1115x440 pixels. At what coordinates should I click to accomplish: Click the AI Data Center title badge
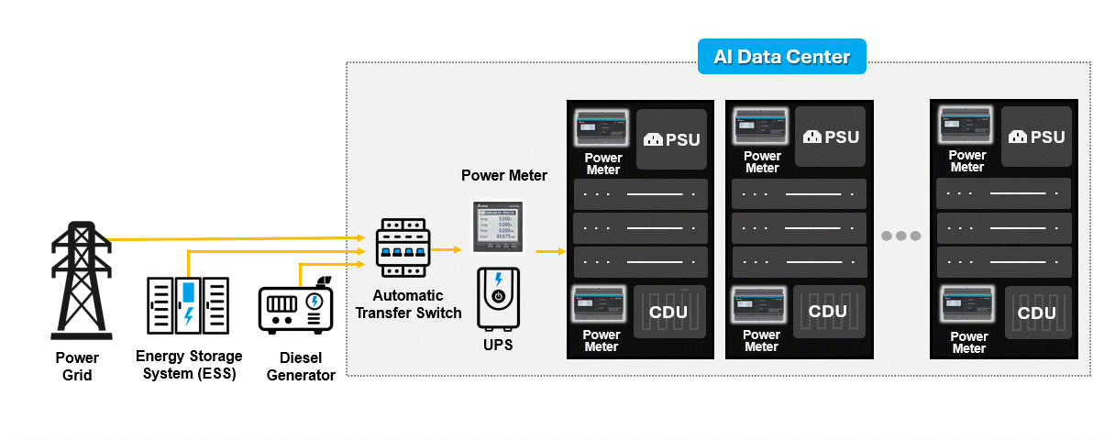781,57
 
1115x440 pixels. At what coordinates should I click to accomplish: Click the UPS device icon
498,299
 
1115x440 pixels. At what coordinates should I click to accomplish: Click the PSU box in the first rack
671,139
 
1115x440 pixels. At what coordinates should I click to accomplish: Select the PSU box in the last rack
1036,137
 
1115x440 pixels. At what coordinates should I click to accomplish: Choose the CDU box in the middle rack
828,312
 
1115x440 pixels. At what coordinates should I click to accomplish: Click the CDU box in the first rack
669,312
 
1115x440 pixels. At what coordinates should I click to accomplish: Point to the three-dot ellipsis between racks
900,236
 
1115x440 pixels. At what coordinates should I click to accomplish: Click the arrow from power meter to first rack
550,250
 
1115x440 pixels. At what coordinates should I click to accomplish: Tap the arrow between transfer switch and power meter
448,249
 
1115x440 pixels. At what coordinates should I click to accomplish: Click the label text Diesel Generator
300,367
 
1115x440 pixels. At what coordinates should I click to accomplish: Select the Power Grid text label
77,367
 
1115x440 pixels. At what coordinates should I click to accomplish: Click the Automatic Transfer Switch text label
408,304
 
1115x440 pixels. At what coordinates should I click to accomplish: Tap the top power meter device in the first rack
601,130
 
